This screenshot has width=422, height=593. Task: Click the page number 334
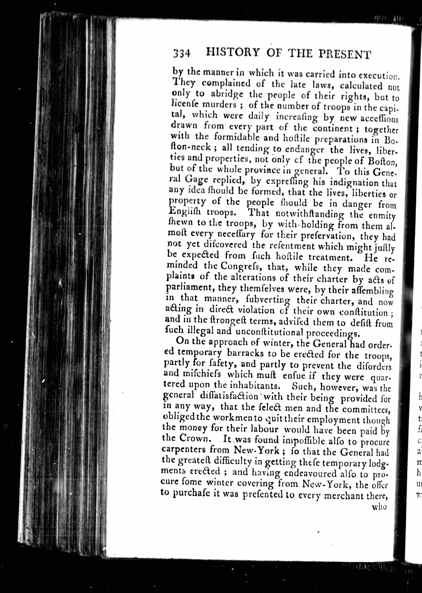(x=182, y=54)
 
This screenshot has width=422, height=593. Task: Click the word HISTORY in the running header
(x=233, y=53)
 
